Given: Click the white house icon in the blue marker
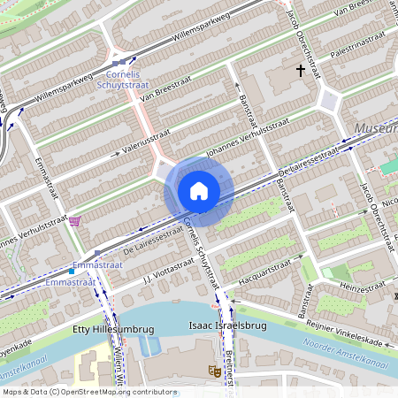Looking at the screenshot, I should click(199, 190).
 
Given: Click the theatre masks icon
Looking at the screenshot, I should click(213, 370).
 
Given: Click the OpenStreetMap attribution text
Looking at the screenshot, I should click(88, 391).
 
